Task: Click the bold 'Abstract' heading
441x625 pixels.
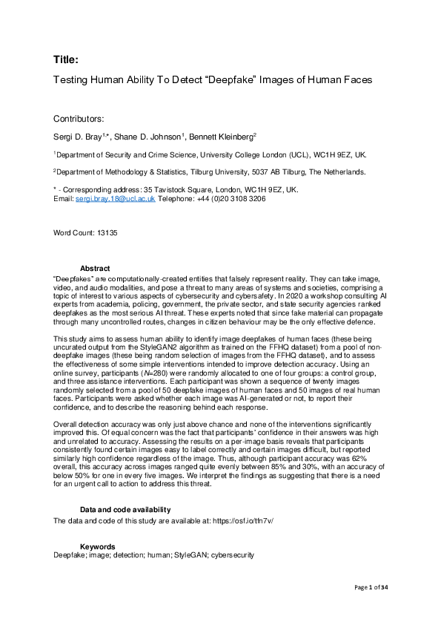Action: [95, 269]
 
